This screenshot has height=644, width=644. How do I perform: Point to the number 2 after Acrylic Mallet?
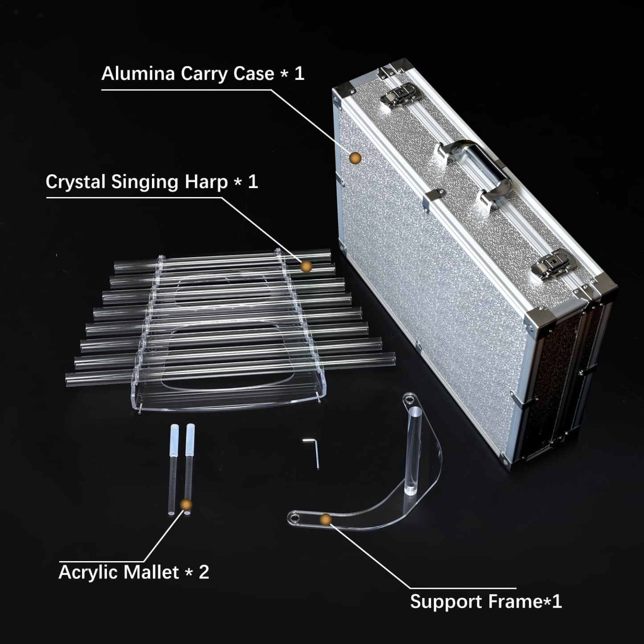tap(204, 572)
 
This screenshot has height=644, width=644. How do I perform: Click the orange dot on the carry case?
tap(355, 158)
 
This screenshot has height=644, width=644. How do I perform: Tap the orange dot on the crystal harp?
tap(306, 267)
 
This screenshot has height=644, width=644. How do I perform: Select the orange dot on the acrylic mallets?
tap(186, 505)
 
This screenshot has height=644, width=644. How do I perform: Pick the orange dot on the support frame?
tap(326, 519)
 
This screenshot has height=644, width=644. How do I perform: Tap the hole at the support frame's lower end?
tap(294, 518)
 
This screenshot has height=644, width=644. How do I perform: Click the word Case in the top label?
tap(254, 74)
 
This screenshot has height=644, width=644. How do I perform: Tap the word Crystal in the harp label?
tap(75, 182)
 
